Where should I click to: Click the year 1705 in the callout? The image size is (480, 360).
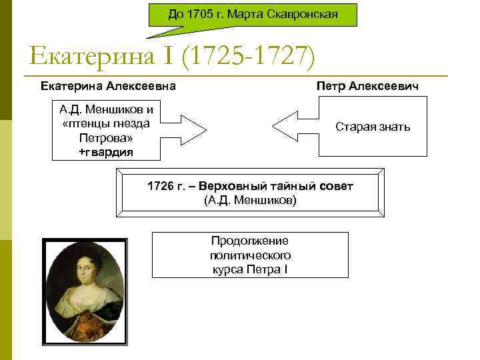coord(197,14)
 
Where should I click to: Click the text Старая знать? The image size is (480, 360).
coord(373,126)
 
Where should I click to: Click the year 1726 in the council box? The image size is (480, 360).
coord(159,185)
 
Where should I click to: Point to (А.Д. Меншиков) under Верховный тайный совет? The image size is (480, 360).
coord(250,199)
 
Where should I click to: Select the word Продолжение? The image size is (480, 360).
coord(250,241)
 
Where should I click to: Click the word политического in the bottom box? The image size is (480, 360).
coord(250,255)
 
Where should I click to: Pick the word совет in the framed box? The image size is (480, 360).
coord(338,185)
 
